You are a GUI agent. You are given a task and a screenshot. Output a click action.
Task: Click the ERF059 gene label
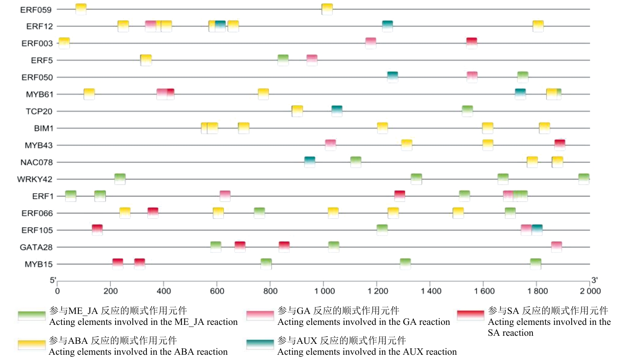tap(36, 10)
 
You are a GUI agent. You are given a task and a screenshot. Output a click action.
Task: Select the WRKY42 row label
tap(35, 179)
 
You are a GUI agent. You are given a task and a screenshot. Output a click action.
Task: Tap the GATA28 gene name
tap(36, 247)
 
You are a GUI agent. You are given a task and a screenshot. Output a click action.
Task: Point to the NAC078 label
tap(36, 162)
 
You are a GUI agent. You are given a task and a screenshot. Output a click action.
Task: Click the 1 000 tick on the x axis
tap(325, 291)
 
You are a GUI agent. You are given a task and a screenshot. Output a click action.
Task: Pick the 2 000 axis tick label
tap(590, 291)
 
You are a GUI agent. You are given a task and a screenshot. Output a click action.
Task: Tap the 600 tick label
tap(217, 291)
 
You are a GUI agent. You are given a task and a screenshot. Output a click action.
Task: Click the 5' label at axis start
tap(53, 280)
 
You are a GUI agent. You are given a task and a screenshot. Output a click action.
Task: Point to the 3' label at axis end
tap(594, 280)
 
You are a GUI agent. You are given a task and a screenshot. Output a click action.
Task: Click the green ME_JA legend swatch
tap(32, 316)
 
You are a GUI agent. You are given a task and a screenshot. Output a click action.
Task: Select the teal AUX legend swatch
tap(260, 344)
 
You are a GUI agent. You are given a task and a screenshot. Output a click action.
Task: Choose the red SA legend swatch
tap(470, 315)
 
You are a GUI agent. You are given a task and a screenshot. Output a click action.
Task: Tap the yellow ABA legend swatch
tap(32, 344)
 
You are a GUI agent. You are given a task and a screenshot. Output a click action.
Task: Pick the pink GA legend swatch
tap(260, 316)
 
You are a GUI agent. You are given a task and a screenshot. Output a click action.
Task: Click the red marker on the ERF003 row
tap(471, 43)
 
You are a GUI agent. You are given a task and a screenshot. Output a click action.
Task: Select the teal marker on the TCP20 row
tap(337, 111)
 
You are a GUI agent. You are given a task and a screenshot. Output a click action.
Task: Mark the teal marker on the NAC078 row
tap(310, 162)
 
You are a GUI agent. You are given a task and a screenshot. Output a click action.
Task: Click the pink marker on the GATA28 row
tap(556, 246)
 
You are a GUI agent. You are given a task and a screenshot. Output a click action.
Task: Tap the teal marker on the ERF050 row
tap(393, 77)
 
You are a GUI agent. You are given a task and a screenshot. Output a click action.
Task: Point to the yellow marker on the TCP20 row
tap(297, 111)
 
